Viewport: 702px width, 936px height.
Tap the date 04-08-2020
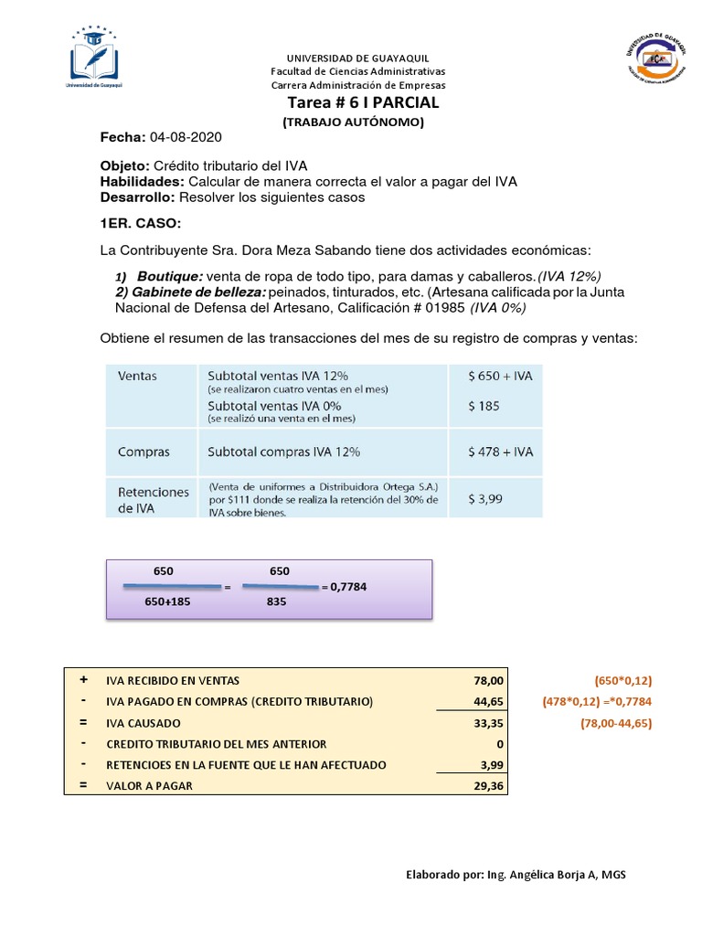pyautogui.click(x=186, y=136)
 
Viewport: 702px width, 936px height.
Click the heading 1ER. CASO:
pyautogui.click(x=141, y=223)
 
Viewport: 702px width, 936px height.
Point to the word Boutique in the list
pyautogui.click(x=170, y=276)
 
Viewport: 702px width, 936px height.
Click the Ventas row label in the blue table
pyautogui.click(x=137, y=375)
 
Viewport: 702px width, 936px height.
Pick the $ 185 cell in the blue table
pyautogui.click(x=484, y=405)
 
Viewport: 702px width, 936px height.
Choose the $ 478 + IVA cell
pyautogui.click(x=500, y=452)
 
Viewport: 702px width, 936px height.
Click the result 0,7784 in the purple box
pyautogui.click(x=349, y=586)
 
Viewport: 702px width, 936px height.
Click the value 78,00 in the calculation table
pyautogui.click(x=478, y=680)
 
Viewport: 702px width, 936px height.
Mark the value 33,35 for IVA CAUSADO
pyautogui.click(x=478, y=722)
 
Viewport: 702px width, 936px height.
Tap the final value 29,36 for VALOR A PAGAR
pyautogui.click(x=478, y=785)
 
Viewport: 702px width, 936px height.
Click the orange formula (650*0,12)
pyautogui.click(x=622, y=680)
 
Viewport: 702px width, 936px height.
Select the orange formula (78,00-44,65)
pyautogui.click(x=619, y=722)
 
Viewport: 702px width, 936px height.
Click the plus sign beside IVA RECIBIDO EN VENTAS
pyautogui.click(x=83, y=680)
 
